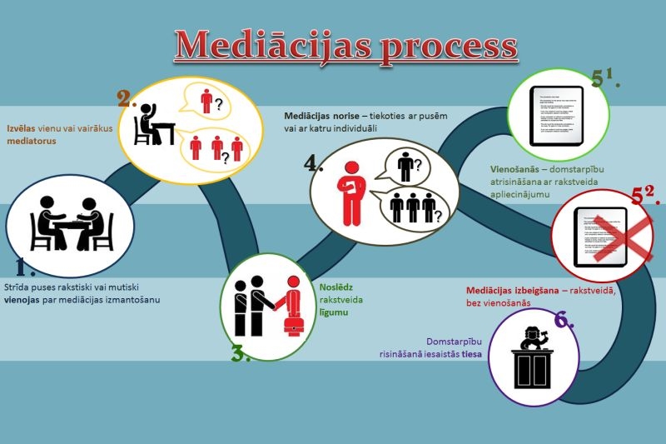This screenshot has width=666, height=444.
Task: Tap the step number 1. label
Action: click(x=25, y=266)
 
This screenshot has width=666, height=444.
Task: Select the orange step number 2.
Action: click(x=127, y=99)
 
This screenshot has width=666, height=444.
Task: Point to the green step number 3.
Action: click(x=241, y=353)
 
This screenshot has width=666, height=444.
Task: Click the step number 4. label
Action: click(x=314, y=162)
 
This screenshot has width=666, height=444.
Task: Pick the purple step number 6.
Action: click(x=564, y=320)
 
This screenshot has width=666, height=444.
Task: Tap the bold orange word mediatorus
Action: click(x=32, y=142)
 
